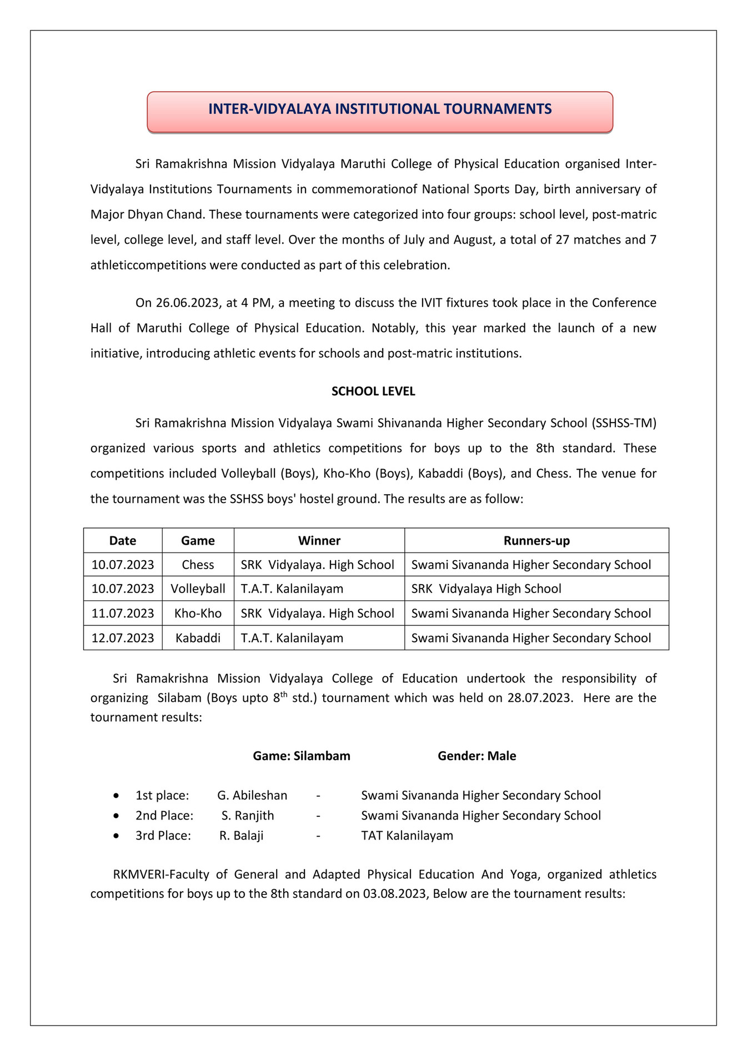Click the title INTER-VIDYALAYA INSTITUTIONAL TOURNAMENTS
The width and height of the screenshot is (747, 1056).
coord(380,109)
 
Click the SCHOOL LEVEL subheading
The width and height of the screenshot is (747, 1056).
coord(373,391)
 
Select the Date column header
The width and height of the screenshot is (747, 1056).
coord(123,541)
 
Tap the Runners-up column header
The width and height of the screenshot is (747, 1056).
coord(537,541)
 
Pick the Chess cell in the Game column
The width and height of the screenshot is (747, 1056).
coord(198,565)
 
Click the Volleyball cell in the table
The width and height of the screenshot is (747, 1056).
coord(198,589)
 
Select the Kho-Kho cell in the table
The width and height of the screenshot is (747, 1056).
coord(198,614)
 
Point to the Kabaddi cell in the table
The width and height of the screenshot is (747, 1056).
coord(198,638)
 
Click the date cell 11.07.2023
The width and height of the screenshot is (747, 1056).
coord(123,614)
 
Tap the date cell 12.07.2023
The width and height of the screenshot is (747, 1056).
coord(123,638)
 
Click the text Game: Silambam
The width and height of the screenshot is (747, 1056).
coord(302,756)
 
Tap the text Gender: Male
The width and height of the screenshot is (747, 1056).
coord(477,756)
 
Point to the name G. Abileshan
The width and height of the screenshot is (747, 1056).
coord(252,796)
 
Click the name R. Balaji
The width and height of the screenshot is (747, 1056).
coord(241,836)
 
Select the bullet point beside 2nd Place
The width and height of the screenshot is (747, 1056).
coord(116,816)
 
